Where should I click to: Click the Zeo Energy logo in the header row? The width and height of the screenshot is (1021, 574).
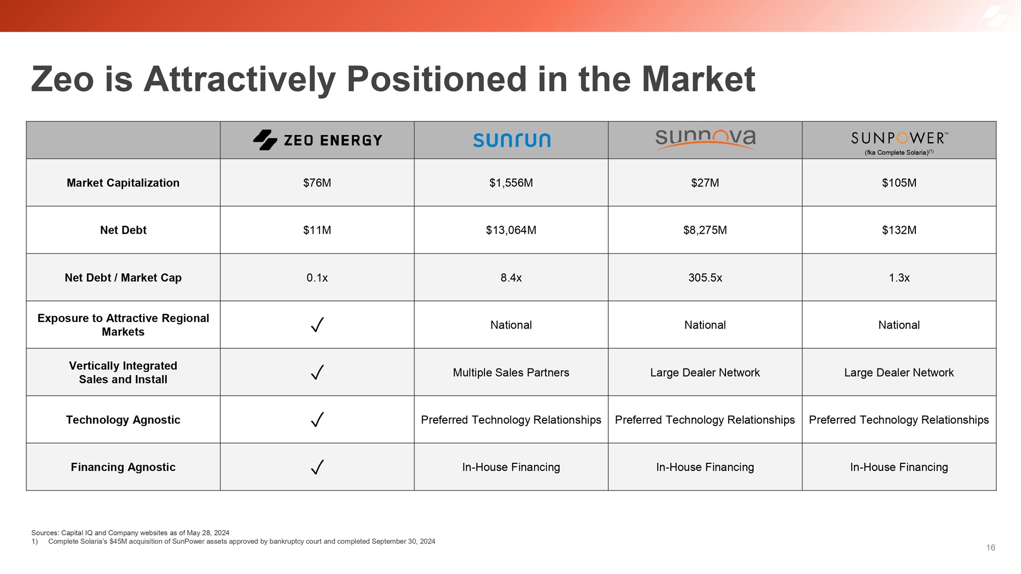pyautogui.click(x=318, y=140)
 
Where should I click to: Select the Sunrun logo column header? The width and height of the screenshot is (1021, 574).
pyautogui.click(x=512, y=140)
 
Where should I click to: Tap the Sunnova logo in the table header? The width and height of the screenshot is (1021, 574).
pyautogui.click(x=705, y=139)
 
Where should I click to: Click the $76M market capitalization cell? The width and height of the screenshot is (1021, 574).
pyautogui.click(x=317, y=183)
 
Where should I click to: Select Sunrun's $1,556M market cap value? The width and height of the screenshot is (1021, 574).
pyautogui.click(x=511, y=183)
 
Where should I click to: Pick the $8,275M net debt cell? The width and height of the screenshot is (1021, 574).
pyautogui.click(x=705, y=230)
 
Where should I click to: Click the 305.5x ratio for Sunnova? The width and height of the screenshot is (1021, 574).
pyautogui.click(x=705, y=278)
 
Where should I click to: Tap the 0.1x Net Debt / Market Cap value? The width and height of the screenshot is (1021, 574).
pyautogui.click(x=317, y=278)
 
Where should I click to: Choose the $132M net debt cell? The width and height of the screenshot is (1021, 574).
pyautogui.click(x=899, y=230)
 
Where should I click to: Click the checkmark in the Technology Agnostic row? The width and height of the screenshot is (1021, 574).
pyautogui.click(x=317, y=420)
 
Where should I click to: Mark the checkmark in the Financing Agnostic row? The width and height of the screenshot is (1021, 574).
pyautogui.click(x=317, y=467)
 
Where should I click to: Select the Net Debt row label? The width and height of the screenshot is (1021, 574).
pyautogui.click(x=123, y=230)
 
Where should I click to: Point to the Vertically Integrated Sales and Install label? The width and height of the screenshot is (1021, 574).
pyautogui.click(x=123, y=372)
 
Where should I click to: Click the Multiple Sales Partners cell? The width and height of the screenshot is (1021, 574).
pyautogui.click(x=511, y=372)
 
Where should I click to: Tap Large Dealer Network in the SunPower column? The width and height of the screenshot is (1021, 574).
pyautogui.click(x=899, y=372)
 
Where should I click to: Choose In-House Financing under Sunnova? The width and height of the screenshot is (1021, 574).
pyautogui.click(x=705, y=467)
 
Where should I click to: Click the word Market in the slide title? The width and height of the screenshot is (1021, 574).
pyautogui.click(x=698, y=80)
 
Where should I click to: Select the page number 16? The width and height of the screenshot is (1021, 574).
pyautogui.click(x=990, y=547)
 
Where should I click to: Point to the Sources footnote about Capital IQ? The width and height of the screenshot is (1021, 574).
pyautogui.click(x=130, y=533)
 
